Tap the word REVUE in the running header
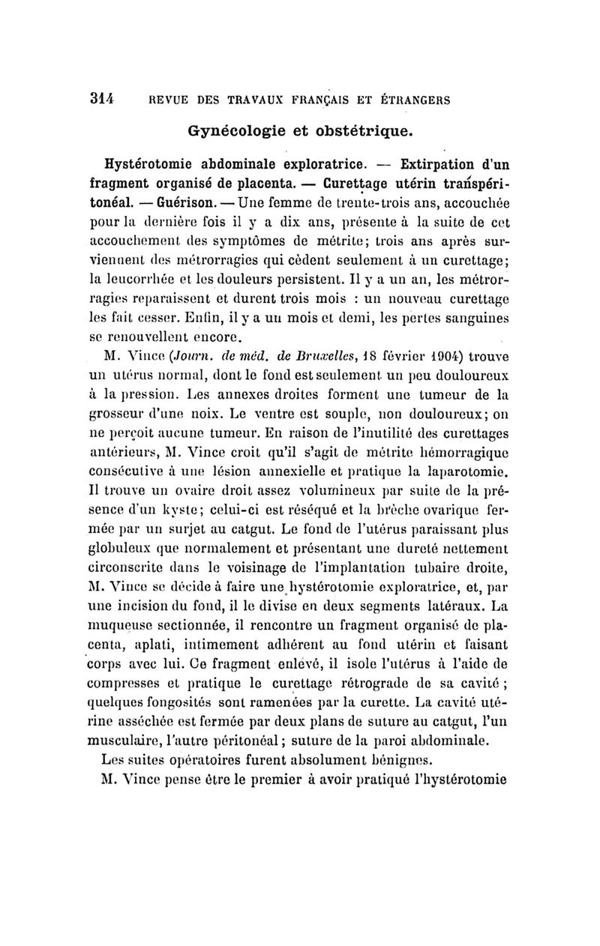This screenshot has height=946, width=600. click(x=167, y=98)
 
